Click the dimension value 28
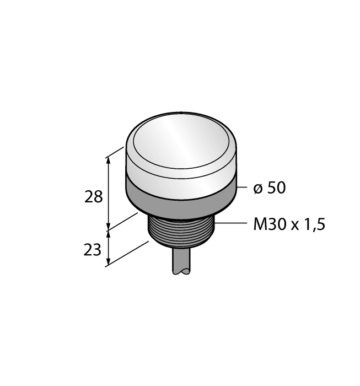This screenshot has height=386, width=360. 94,197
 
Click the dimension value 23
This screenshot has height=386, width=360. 93,250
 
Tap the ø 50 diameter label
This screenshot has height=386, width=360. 269,188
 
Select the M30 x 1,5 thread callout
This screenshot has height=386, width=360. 289,225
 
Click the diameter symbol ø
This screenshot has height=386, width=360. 257,189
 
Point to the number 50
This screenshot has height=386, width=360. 276,188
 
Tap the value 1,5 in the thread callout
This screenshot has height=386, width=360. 314,225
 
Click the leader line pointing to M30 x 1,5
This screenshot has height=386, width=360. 232,223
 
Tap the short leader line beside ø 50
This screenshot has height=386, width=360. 241,188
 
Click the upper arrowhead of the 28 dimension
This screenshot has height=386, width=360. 109,159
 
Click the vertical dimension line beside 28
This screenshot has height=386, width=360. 109,193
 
